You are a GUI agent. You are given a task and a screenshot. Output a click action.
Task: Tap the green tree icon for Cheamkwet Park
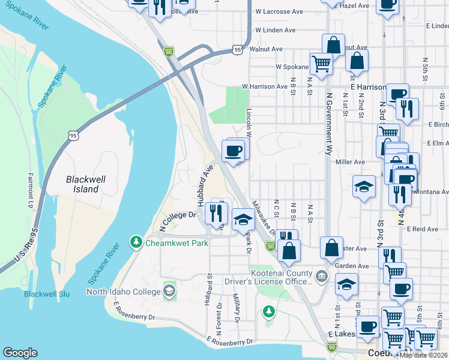coord(136,242)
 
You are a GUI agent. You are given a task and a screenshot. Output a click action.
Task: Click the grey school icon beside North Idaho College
coord(169,292)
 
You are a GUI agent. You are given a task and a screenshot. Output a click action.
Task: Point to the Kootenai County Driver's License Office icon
coord(322,276)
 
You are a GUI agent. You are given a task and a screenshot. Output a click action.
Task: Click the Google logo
coord(20,353)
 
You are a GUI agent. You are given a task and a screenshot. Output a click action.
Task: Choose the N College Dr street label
coord(178,221)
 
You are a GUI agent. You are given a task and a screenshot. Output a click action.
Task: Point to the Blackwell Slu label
coord(47,294)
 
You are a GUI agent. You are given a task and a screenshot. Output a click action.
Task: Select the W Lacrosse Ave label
coord(279,11)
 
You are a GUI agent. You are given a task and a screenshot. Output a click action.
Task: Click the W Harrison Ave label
coord(265,86)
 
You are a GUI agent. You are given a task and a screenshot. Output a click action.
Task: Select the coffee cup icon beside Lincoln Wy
coord(233,151)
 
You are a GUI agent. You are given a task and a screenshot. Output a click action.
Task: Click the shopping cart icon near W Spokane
coord(322,63)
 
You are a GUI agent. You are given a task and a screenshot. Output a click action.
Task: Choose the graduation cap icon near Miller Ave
coord(364,187)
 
